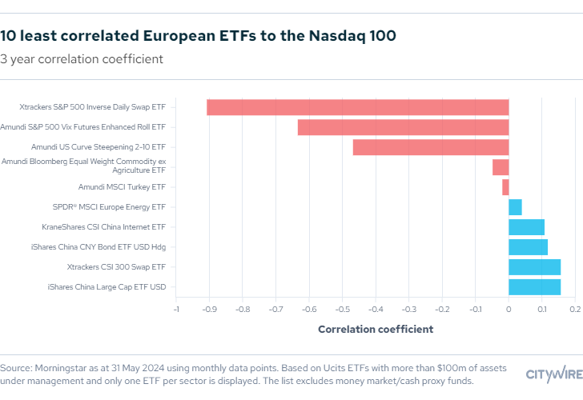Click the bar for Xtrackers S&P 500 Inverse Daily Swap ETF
(358, 107)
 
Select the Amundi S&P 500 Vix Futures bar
(404, 127)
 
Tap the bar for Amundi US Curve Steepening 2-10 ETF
(431, 147)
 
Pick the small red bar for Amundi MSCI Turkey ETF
(505, 187)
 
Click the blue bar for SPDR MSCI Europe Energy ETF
(516, 207)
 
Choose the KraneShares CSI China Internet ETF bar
(526, 227)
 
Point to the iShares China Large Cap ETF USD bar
(535, 287)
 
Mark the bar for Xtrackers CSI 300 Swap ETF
(535, 267)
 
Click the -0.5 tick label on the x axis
(342, 310)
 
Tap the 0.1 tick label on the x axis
(542, 310)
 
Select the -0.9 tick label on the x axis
(209, 310)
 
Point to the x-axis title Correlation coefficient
(376, 330)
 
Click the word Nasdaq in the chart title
(337, 36)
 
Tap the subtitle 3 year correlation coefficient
(82, 59)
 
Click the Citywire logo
(554, 374)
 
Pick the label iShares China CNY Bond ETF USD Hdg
(99, 247)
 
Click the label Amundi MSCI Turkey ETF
(122, 187)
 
